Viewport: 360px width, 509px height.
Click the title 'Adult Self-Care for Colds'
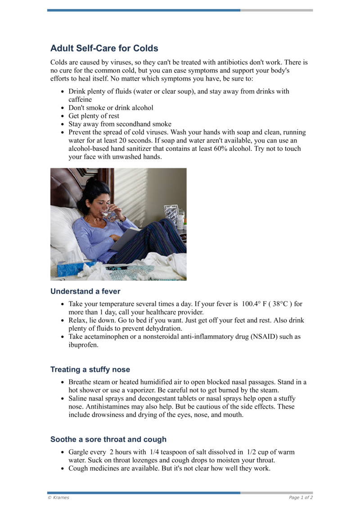point(104,48)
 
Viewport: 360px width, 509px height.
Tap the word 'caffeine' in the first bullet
point(80,99)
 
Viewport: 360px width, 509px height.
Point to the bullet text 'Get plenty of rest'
point(94,116)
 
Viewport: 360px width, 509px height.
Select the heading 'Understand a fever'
point(85,291)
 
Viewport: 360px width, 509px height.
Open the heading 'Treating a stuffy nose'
point(90,369)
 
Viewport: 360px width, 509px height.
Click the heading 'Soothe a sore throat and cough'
point(108,439)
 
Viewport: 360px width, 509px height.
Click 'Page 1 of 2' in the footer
point(301,497)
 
